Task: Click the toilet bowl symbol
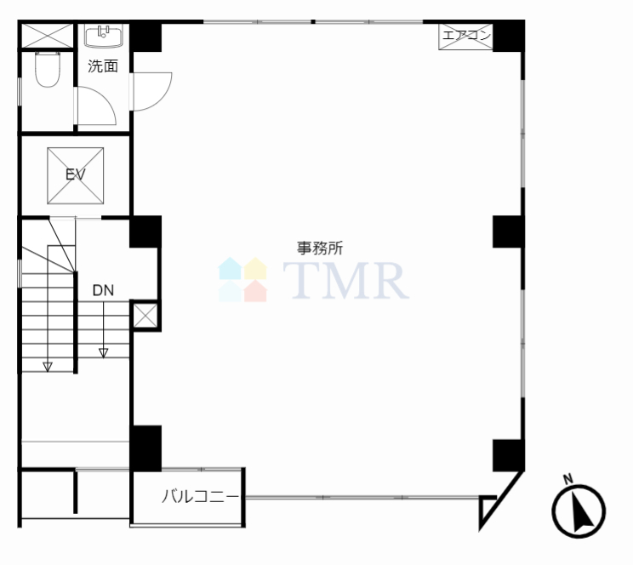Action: click(x=48, y=70)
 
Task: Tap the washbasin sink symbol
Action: click(x=104, y=36)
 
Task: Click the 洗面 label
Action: click(x=103, y=66)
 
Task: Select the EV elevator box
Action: click(x=76, y=175)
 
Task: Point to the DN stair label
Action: click(x=103, y=290)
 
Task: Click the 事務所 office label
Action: click(x=320, y=248)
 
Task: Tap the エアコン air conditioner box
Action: click(x=465, y=37)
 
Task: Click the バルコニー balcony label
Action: click(x=201, y=496)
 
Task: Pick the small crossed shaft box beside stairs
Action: click(x=145, y=316)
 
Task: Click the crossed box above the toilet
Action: click(x=48, y=36)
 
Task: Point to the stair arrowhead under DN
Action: click(x=103, y=353)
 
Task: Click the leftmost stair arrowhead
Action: click(x=48, y=367)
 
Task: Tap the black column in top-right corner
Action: click(x=509, y=37)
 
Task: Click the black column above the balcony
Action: click(x=145, y=448)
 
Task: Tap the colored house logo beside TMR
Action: click(x=242, y=279)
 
